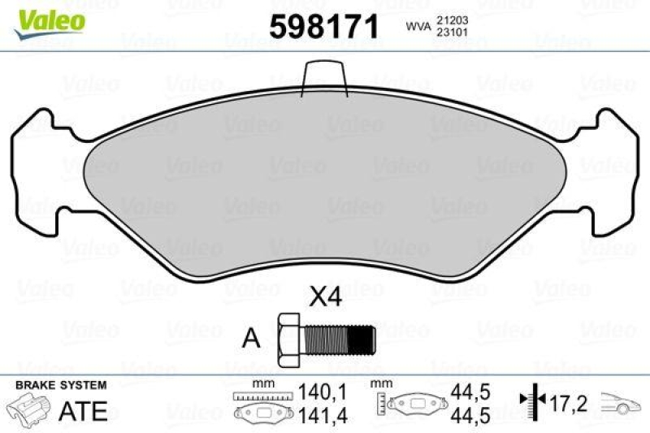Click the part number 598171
[324, 28]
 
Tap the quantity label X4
[325, 297]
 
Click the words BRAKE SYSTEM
[60, 384]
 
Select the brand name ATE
[83, 410]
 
